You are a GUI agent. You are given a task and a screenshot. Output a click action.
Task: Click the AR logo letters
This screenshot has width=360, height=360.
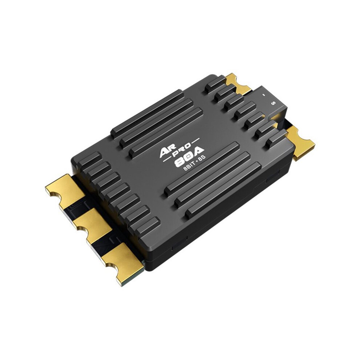[167, 152]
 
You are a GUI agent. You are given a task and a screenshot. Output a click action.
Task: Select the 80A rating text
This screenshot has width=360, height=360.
[189, 157]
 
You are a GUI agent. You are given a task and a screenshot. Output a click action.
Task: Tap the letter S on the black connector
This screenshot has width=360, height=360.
[273, 103]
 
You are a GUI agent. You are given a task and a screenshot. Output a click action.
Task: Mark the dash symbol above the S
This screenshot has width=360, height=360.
[264, 94]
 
